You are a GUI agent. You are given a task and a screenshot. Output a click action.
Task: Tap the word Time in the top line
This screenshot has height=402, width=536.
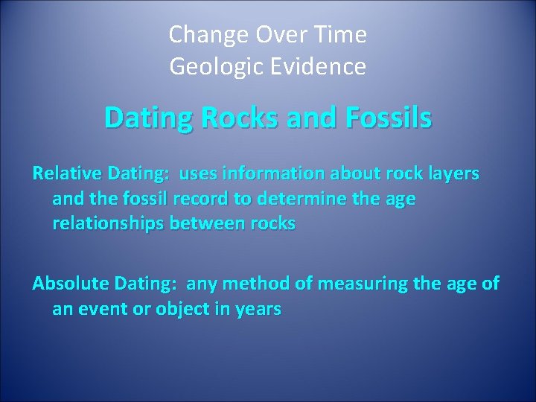(x=342, y=34)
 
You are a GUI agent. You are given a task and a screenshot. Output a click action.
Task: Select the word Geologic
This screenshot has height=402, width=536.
(x=211, y=67)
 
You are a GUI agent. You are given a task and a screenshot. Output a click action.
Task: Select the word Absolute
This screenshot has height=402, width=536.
(x=71, y=283)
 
